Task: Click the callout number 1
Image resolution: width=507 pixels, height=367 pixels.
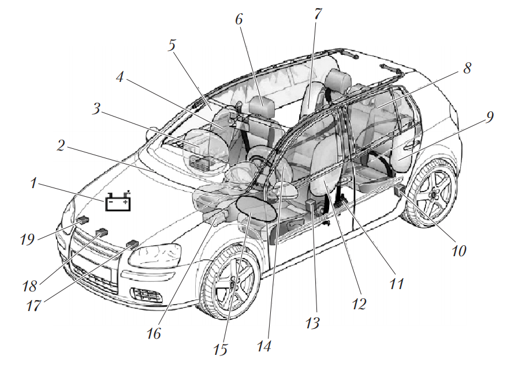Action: (x=34, y=184)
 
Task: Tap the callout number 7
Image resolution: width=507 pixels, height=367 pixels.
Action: (x=317, y=14)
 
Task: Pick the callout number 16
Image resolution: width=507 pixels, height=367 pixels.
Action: (x=154, y=334)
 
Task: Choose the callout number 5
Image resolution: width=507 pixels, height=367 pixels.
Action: (x=172, y=46)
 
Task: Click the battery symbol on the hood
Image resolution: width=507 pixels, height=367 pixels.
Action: (x=119, y=202)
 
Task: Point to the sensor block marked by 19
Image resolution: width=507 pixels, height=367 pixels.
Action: (x=82, y=220)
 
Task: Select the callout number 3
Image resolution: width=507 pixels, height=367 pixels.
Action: (x=96, y=108)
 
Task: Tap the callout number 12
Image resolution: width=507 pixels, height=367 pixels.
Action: (x=359, y=303)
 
